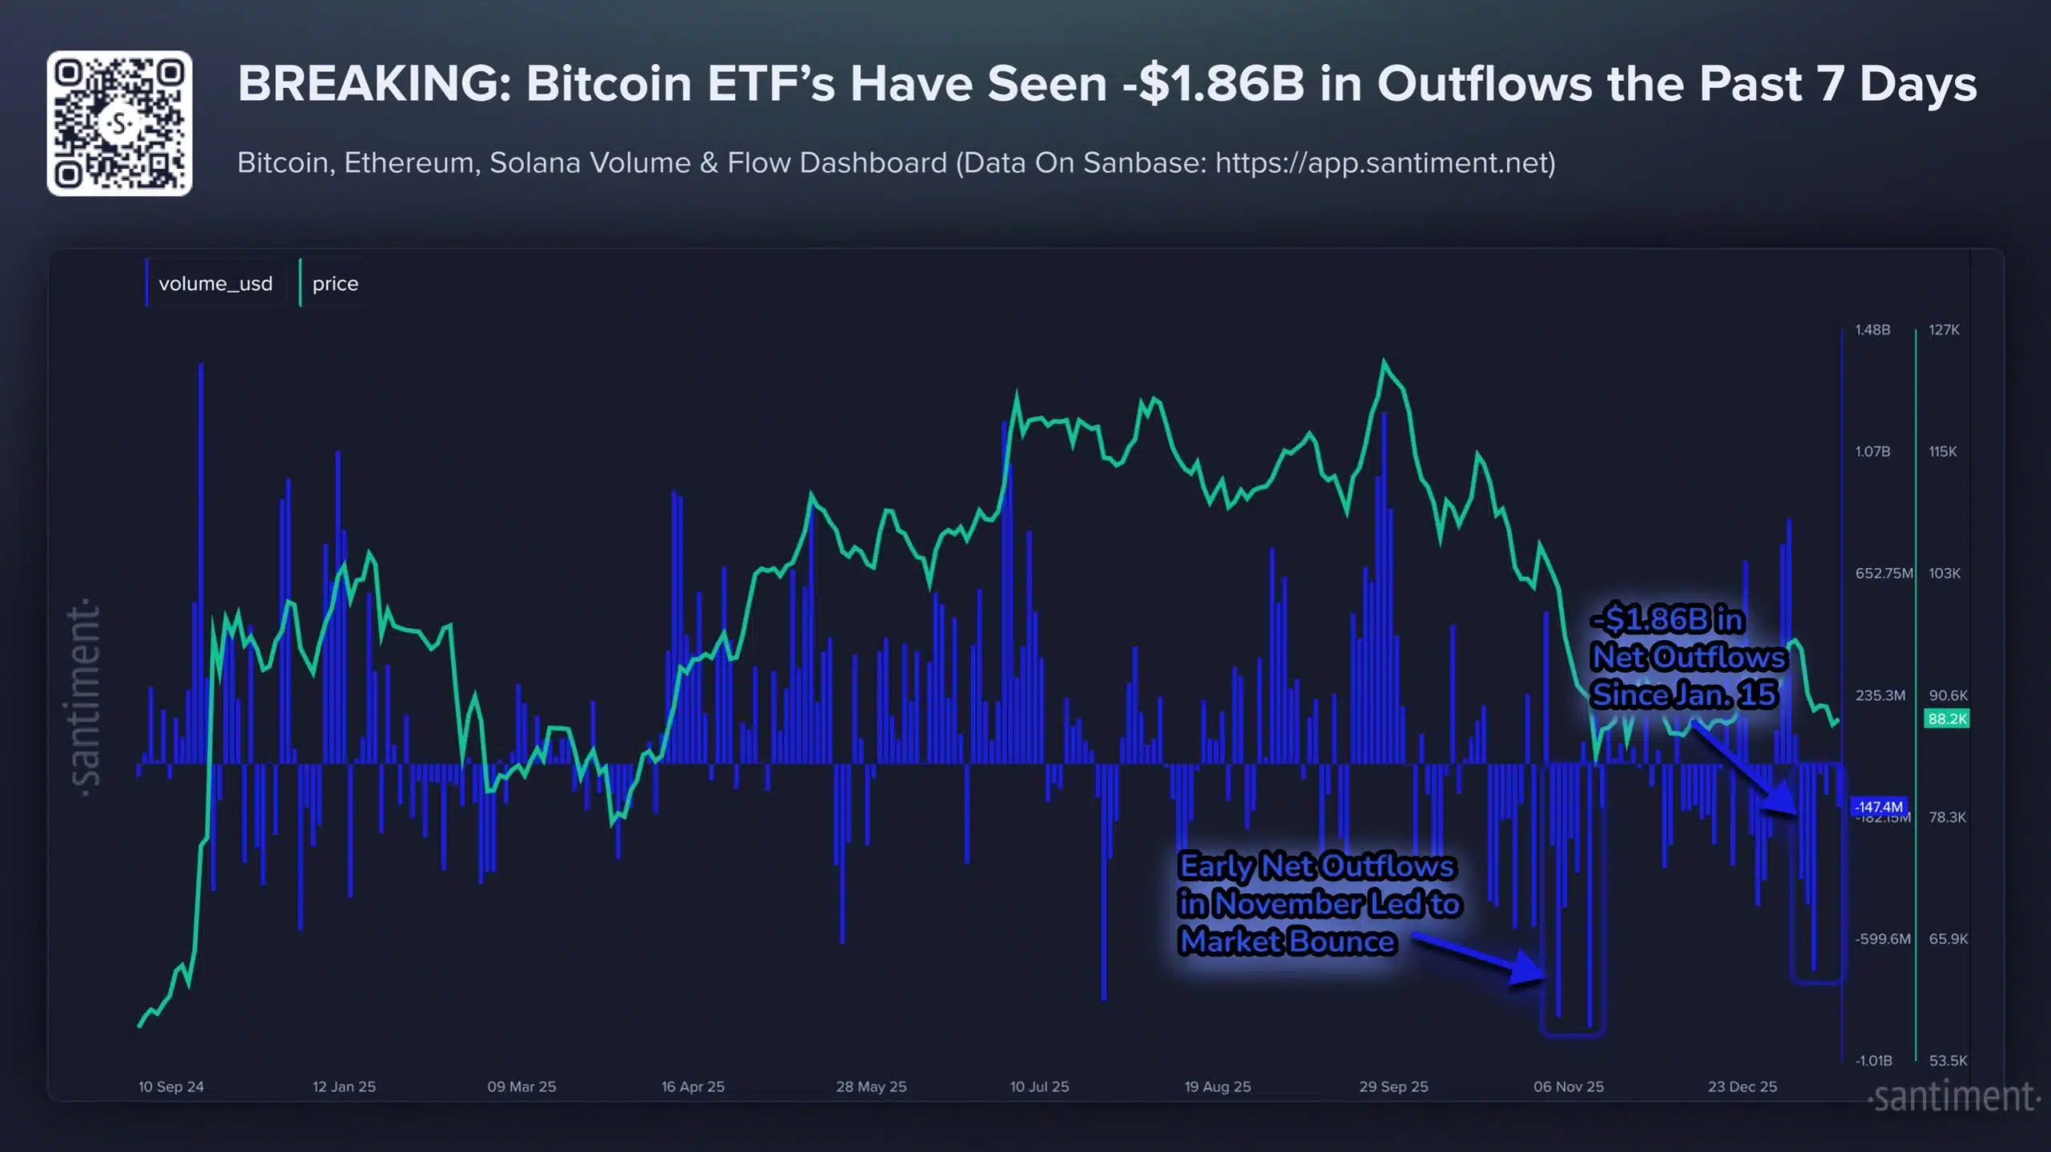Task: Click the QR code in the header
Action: [119, 123]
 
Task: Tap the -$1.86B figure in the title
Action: [1213, 83]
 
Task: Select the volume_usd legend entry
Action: [215, 284]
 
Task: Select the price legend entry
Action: [335, 284]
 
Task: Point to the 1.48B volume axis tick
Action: [1872, 330]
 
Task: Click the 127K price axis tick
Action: [1944, 330]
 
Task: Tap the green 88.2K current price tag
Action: [1946, 719]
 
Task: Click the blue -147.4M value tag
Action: [1878, 807]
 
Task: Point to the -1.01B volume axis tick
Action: [1873, 1061]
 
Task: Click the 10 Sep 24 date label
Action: [171, 1087]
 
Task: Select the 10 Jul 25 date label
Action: [1039, 1087]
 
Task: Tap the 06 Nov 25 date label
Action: [1568, 1087]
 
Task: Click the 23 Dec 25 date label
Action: [1742, 1087]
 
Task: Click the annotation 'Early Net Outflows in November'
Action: [1318, 904]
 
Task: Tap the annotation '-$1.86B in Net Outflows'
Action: [1687, 657]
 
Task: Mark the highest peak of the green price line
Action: [1384, 362]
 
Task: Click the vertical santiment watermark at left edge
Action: [85, 697]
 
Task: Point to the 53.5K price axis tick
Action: [1948, 1061]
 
